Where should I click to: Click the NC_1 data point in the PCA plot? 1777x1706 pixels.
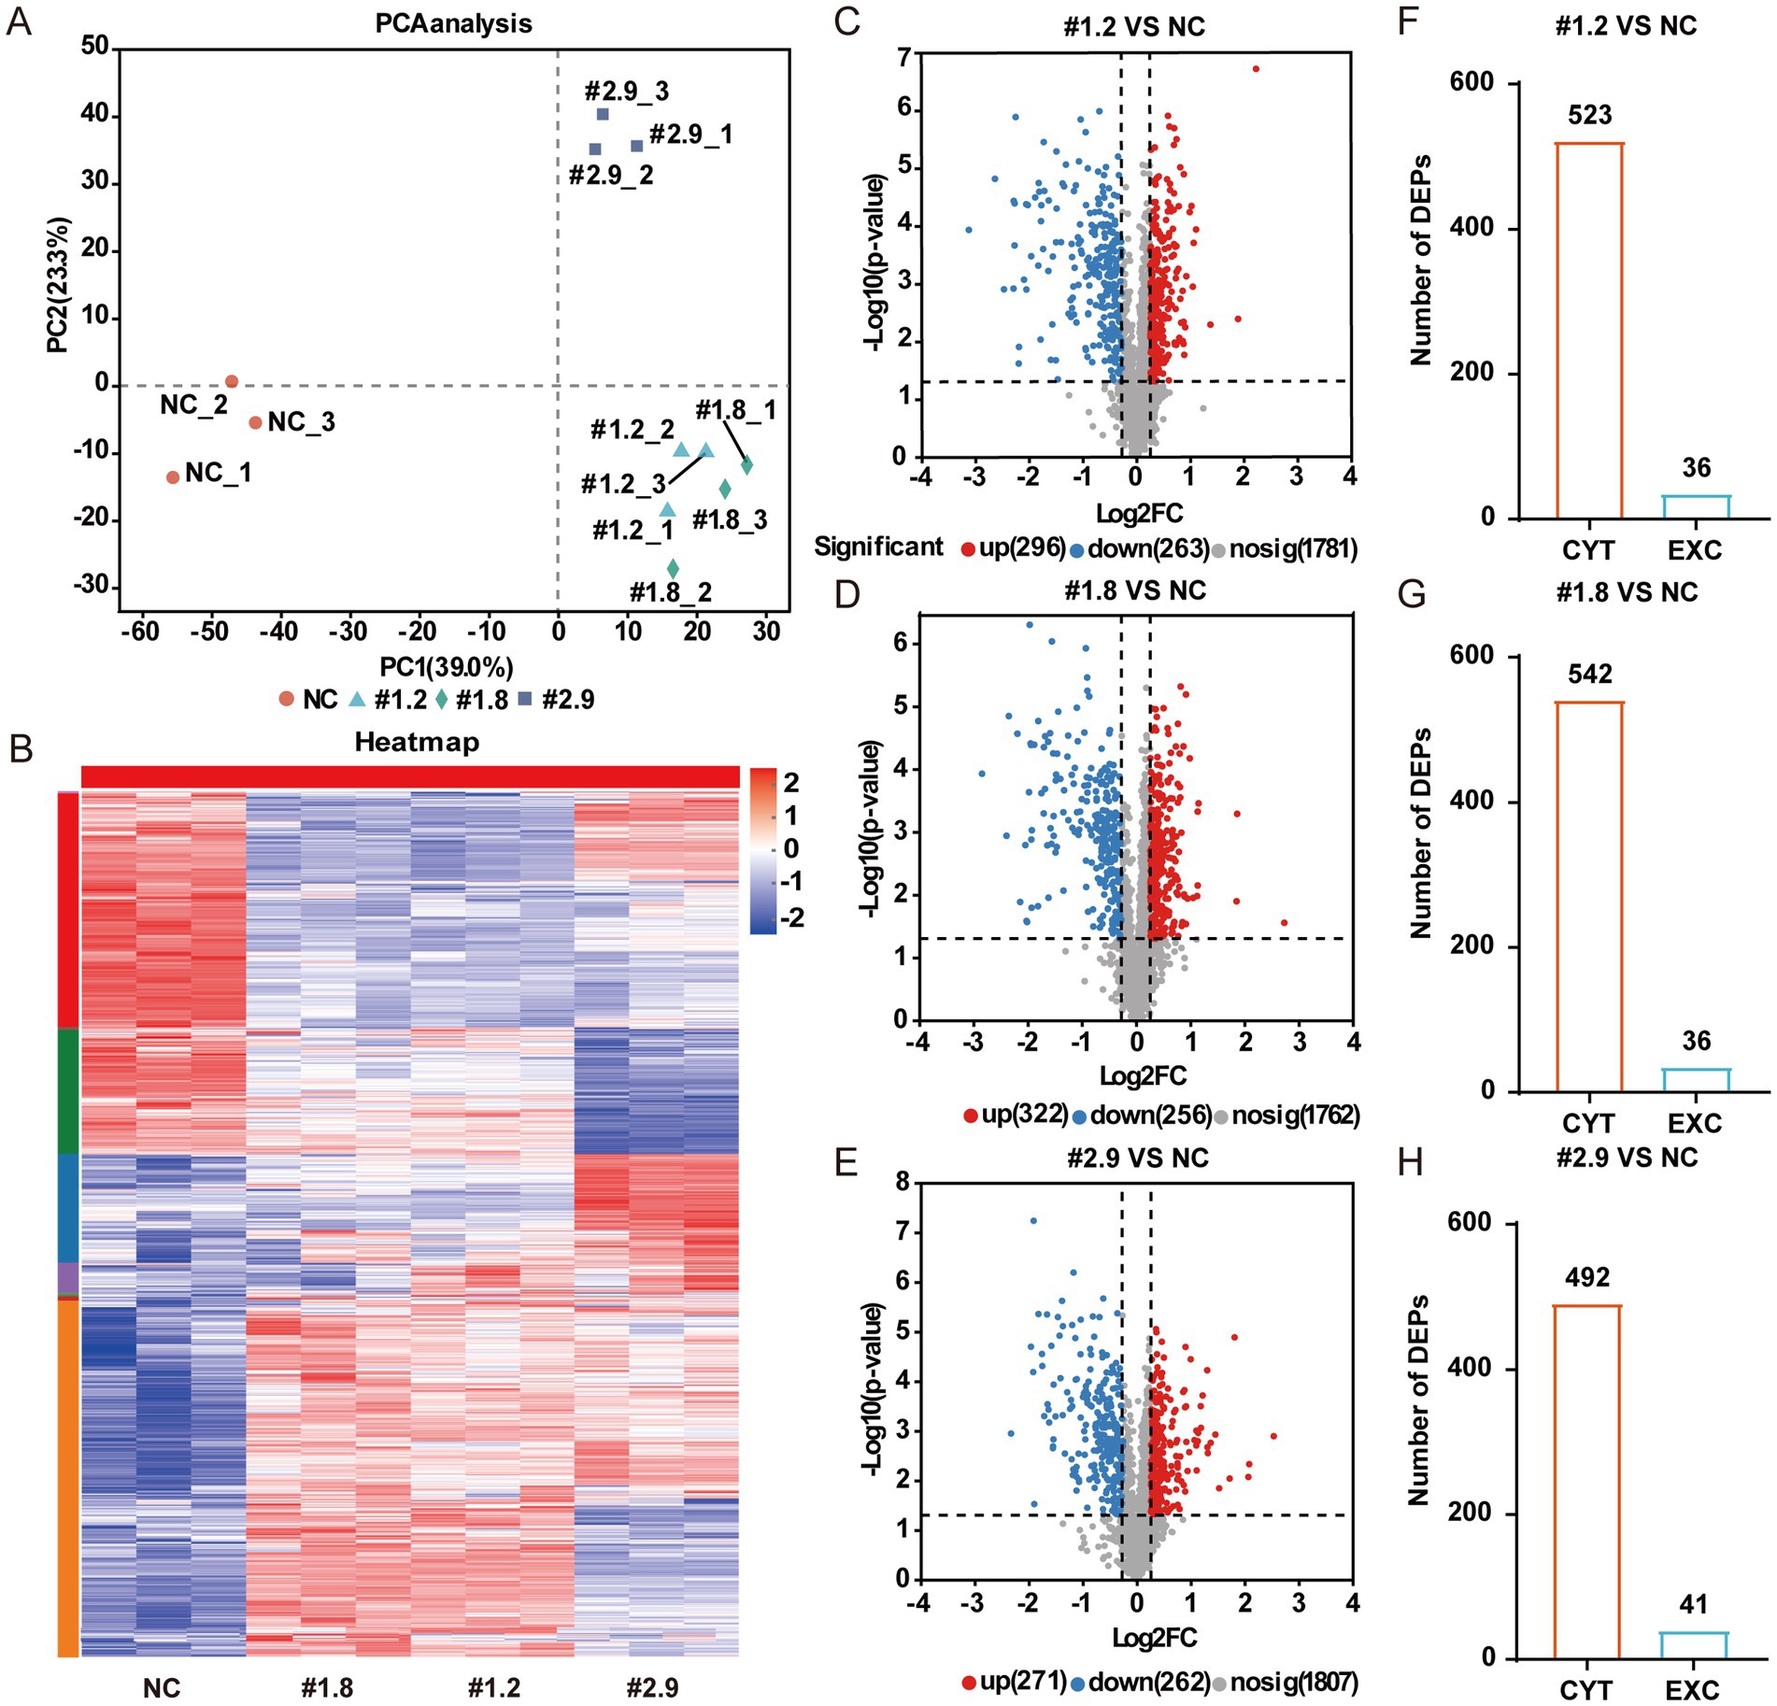[x=173, y=477]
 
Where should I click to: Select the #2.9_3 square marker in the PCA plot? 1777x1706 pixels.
[x=603, y=114]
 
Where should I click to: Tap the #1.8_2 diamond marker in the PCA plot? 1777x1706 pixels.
[x=673, y=568]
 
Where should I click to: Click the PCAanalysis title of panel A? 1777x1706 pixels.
[x=453, y=23]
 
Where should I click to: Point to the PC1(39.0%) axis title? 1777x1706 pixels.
[x=446, y=667]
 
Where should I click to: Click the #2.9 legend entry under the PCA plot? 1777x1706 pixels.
[x=557, y=699]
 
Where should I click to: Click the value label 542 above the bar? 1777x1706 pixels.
[x=1590, y=674]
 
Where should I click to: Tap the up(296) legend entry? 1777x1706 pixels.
[x=1014, y=547]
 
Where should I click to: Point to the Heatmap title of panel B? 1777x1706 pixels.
[x=417, y=742]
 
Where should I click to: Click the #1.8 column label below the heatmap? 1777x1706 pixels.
[x=328, y=1688]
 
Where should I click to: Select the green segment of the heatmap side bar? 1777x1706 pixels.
[x=68, y=1090]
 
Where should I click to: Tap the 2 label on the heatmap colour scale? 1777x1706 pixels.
[x=790, y=783]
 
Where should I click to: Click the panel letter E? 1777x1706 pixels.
[x=846, y=1164]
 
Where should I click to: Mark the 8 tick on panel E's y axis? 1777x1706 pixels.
[x=902, y=1182]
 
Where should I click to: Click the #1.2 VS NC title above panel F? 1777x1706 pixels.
[x=1626, y=25]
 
